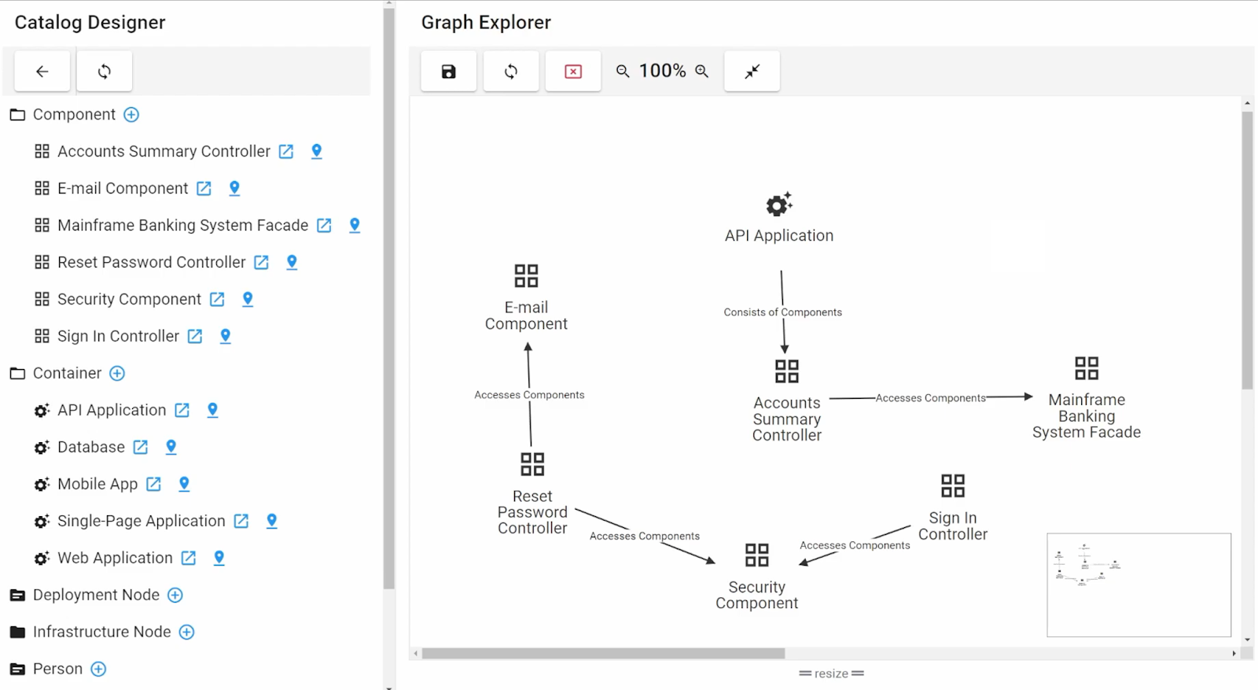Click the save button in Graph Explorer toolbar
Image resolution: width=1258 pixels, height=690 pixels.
pos(448,72)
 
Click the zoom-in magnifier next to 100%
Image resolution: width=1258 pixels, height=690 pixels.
pos(702,72)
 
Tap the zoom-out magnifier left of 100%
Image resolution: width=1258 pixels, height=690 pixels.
pos(623,72)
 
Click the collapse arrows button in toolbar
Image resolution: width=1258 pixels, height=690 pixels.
pos(752,72)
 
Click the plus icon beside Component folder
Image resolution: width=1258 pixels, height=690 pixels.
pos(131,115)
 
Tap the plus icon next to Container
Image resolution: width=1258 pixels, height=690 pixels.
pos(117,374)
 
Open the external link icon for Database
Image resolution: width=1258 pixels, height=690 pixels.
pos(141,448)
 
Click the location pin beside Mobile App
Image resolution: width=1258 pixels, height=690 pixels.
pos(184,484)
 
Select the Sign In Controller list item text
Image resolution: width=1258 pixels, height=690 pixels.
pos(118,337)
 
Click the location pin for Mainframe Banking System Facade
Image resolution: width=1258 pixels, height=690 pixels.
pos(355,225)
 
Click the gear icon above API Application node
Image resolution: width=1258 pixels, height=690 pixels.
pos(778,205)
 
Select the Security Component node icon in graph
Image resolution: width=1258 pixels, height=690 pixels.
pos(756,555)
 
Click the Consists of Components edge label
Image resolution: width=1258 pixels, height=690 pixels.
pos(782,312)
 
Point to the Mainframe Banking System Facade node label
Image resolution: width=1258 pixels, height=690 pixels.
pos(1086,416)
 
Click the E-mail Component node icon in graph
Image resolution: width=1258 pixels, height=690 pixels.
pos(526,275)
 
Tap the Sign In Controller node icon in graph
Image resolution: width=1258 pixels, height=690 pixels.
pos(952,485)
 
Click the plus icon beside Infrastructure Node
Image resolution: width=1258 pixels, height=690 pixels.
pos(186,632)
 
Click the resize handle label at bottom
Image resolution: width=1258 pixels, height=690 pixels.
pos(831,673)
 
